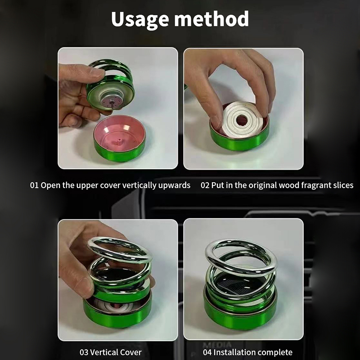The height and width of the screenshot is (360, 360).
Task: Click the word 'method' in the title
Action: pyautogui.click(x=211, y=18)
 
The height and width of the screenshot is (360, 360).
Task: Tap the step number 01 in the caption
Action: pyautogui.click(x=34, y=185)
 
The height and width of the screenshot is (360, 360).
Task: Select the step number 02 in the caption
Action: pyautogui.click(x=205, y=185)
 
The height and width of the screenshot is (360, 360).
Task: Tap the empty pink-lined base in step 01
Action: pyautogui.click(x=120, y=138)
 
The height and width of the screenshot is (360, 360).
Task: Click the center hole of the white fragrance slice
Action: pyautogui.click(x=242, y=120)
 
